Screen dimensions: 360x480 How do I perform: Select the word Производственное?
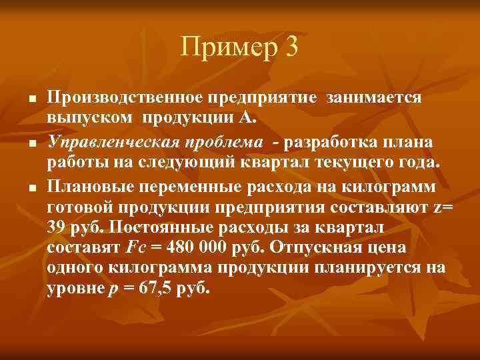[x=125, y=99]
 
